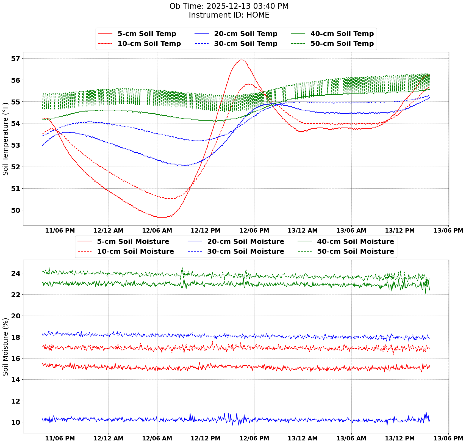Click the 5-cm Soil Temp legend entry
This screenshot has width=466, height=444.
point(147,34)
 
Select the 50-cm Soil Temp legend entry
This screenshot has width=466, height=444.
point(342,44)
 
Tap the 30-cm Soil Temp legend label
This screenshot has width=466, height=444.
point(246,44)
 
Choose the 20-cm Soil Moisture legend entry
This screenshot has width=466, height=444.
point(245,242)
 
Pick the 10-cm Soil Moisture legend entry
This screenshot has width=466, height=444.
point(135,252)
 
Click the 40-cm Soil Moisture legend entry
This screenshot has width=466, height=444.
point(355,242)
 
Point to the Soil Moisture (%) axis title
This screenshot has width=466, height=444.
point(5,346)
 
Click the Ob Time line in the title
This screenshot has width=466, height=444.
point(229,6)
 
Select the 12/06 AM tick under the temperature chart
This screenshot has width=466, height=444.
point(157,230)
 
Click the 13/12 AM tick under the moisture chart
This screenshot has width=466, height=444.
point(303,438)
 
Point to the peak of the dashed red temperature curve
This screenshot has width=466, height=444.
point(248,84)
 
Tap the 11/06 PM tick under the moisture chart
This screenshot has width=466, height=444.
point(60,438)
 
